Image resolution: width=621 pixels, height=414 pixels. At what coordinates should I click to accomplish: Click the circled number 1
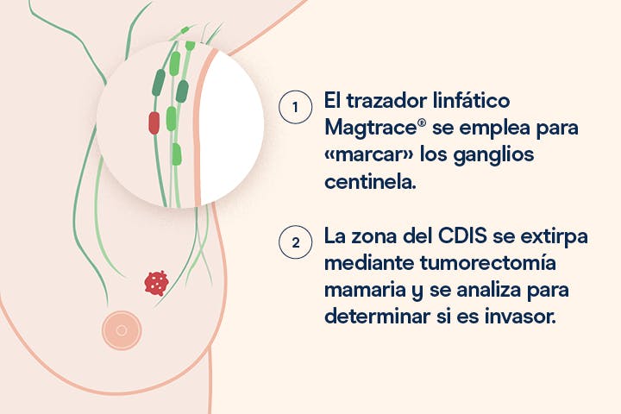coord(295,107)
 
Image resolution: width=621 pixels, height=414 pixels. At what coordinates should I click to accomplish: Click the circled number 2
coord(295,242)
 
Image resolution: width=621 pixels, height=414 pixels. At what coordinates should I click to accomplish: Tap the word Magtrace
coord(370,129)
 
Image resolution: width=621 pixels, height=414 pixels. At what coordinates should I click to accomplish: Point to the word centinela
coord(370,182)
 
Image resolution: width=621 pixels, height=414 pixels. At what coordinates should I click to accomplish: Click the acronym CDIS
coord(462,236)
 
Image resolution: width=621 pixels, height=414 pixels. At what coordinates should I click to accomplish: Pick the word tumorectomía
coord(487,263)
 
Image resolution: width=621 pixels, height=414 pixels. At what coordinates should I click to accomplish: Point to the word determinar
coord(378,317)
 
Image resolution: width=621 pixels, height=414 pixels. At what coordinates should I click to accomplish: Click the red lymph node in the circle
coord(154,122)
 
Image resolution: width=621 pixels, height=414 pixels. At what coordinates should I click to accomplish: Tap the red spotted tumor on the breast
coord(156,283)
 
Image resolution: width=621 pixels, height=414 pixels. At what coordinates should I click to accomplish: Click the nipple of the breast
coord(122,330)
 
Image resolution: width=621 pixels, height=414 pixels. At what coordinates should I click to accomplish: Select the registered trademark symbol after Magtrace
coord(422,123)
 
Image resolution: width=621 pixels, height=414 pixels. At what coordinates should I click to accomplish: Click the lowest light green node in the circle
coord(177,154)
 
